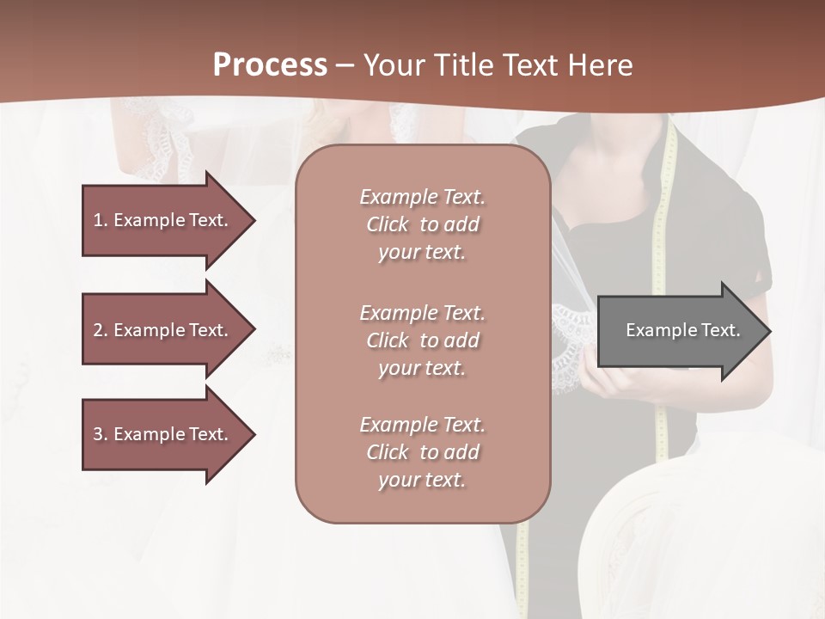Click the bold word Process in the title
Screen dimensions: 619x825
tap(270, 65)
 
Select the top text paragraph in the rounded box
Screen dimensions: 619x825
tap(422, 224)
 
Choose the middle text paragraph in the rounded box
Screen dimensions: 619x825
tap(422, 340)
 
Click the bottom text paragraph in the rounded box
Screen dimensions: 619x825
tap(422, 452)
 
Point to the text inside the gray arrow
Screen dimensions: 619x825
tap(682, 330)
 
